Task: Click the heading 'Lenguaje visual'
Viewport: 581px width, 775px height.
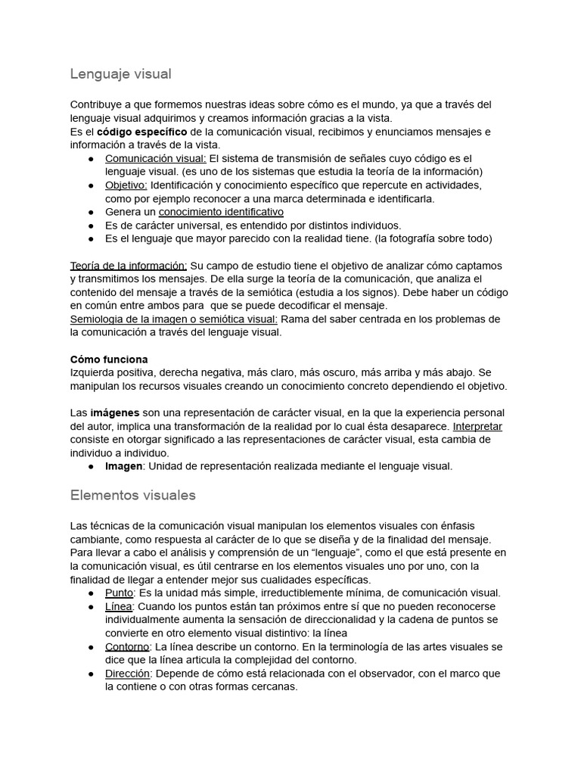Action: tap(120, 74)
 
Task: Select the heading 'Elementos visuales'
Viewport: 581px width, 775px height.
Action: tap(132, 496)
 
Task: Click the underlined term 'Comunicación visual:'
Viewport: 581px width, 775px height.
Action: tap(155, 158)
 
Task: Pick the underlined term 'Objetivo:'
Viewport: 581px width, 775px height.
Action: tap(126, 185)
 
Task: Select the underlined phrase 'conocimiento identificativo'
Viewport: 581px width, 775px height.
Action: tap(221, 212)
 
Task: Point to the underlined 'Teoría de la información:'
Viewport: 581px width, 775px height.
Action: tap(129, 266)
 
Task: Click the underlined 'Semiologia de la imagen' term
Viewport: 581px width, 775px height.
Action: tap(129, 319)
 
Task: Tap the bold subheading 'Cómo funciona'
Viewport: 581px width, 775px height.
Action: tap(109, 359)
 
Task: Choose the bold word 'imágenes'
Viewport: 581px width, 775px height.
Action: tap(115, 413)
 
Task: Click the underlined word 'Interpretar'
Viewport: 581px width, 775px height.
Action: tap(477, 426)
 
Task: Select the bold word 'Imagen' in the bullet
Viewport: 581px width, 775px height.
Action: tap(123, 466)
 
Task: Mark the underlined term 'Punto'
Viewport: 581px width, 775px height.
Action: tap(119, 593)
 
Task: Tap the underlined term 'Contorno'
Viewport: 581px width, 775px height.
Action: tap(127, 647)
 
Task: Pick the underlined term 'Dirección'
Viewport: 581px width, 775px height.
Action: tap(128, 674)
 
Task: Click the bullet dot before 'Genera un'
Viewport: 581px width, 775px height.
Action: tap(91, 213)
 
